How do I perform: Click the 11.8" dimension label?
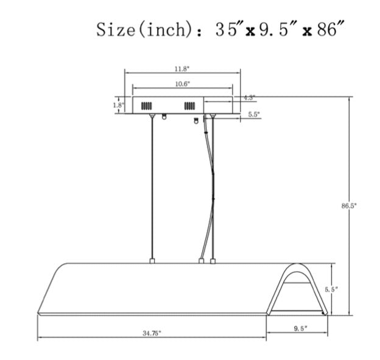tap(182, 68)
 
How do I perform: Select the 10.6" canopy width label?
tap(182, 83)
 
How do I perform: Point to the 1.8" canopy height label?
tap(118, 105)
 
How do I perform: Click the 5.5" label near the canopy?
tap(254, 115)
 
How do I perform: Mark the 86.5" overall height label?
tap(349, 206)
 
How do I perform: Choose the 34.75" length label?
tap(152, 333)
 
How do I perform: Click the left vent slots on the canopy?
tap(147, 106)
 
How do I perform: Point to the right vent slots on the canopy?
tap(190, 106)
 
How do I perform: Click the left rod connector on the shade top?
tap(152, 261)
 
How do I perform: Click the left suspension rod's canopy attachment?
tap(152, 116)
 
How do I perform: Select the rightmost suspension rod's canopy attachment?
tap(213, 116)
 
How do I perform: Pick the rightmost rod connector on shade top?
tap(213, 261)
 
